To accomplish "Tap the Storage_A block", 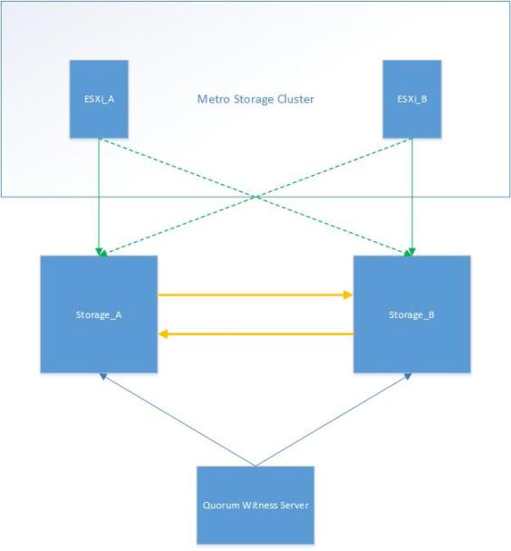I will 99,314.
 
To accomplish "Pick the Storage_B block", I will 411,314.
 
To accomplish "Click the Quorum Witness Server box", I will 255,505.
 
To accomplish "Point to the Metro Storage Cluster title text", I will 255,99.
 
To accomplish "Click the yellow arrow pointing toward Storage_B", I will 254,295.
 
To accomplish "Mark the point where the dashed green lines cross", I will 255,195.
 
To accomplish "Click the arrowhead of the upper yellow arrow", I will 347,295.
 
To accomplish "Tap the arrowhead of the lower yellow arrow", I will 164,333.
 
